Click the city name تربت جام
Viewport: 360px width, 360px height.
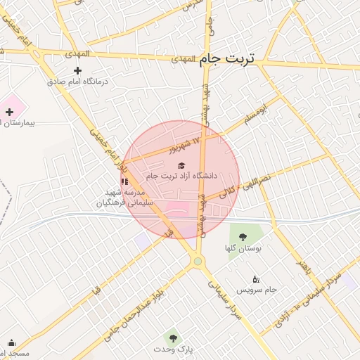(x=226, y=59)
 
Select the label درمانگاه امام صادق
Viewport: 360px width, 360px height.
(x=77, y=82)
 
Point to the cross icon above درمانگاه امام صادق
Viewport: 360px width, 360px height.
(x=77, y=70)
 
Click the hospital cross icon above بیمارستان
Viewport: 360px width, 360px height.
(x=9, y=112)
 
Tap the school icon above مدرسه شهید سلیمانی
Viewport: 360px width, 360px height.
(x=124, y=181)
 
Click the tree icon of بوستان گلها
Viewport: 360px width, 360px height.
(x=243, y=237)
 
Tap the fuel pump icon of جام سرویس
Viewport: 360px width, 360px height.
(x=255, y=278)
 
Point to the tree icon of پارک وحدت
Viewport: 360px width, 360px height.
(x=173, y=338)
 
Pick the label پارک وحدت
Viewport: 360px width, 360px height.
(x=173, y=349)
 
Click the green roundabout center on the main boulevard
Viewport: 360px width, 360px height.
(x=198, y=262)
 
